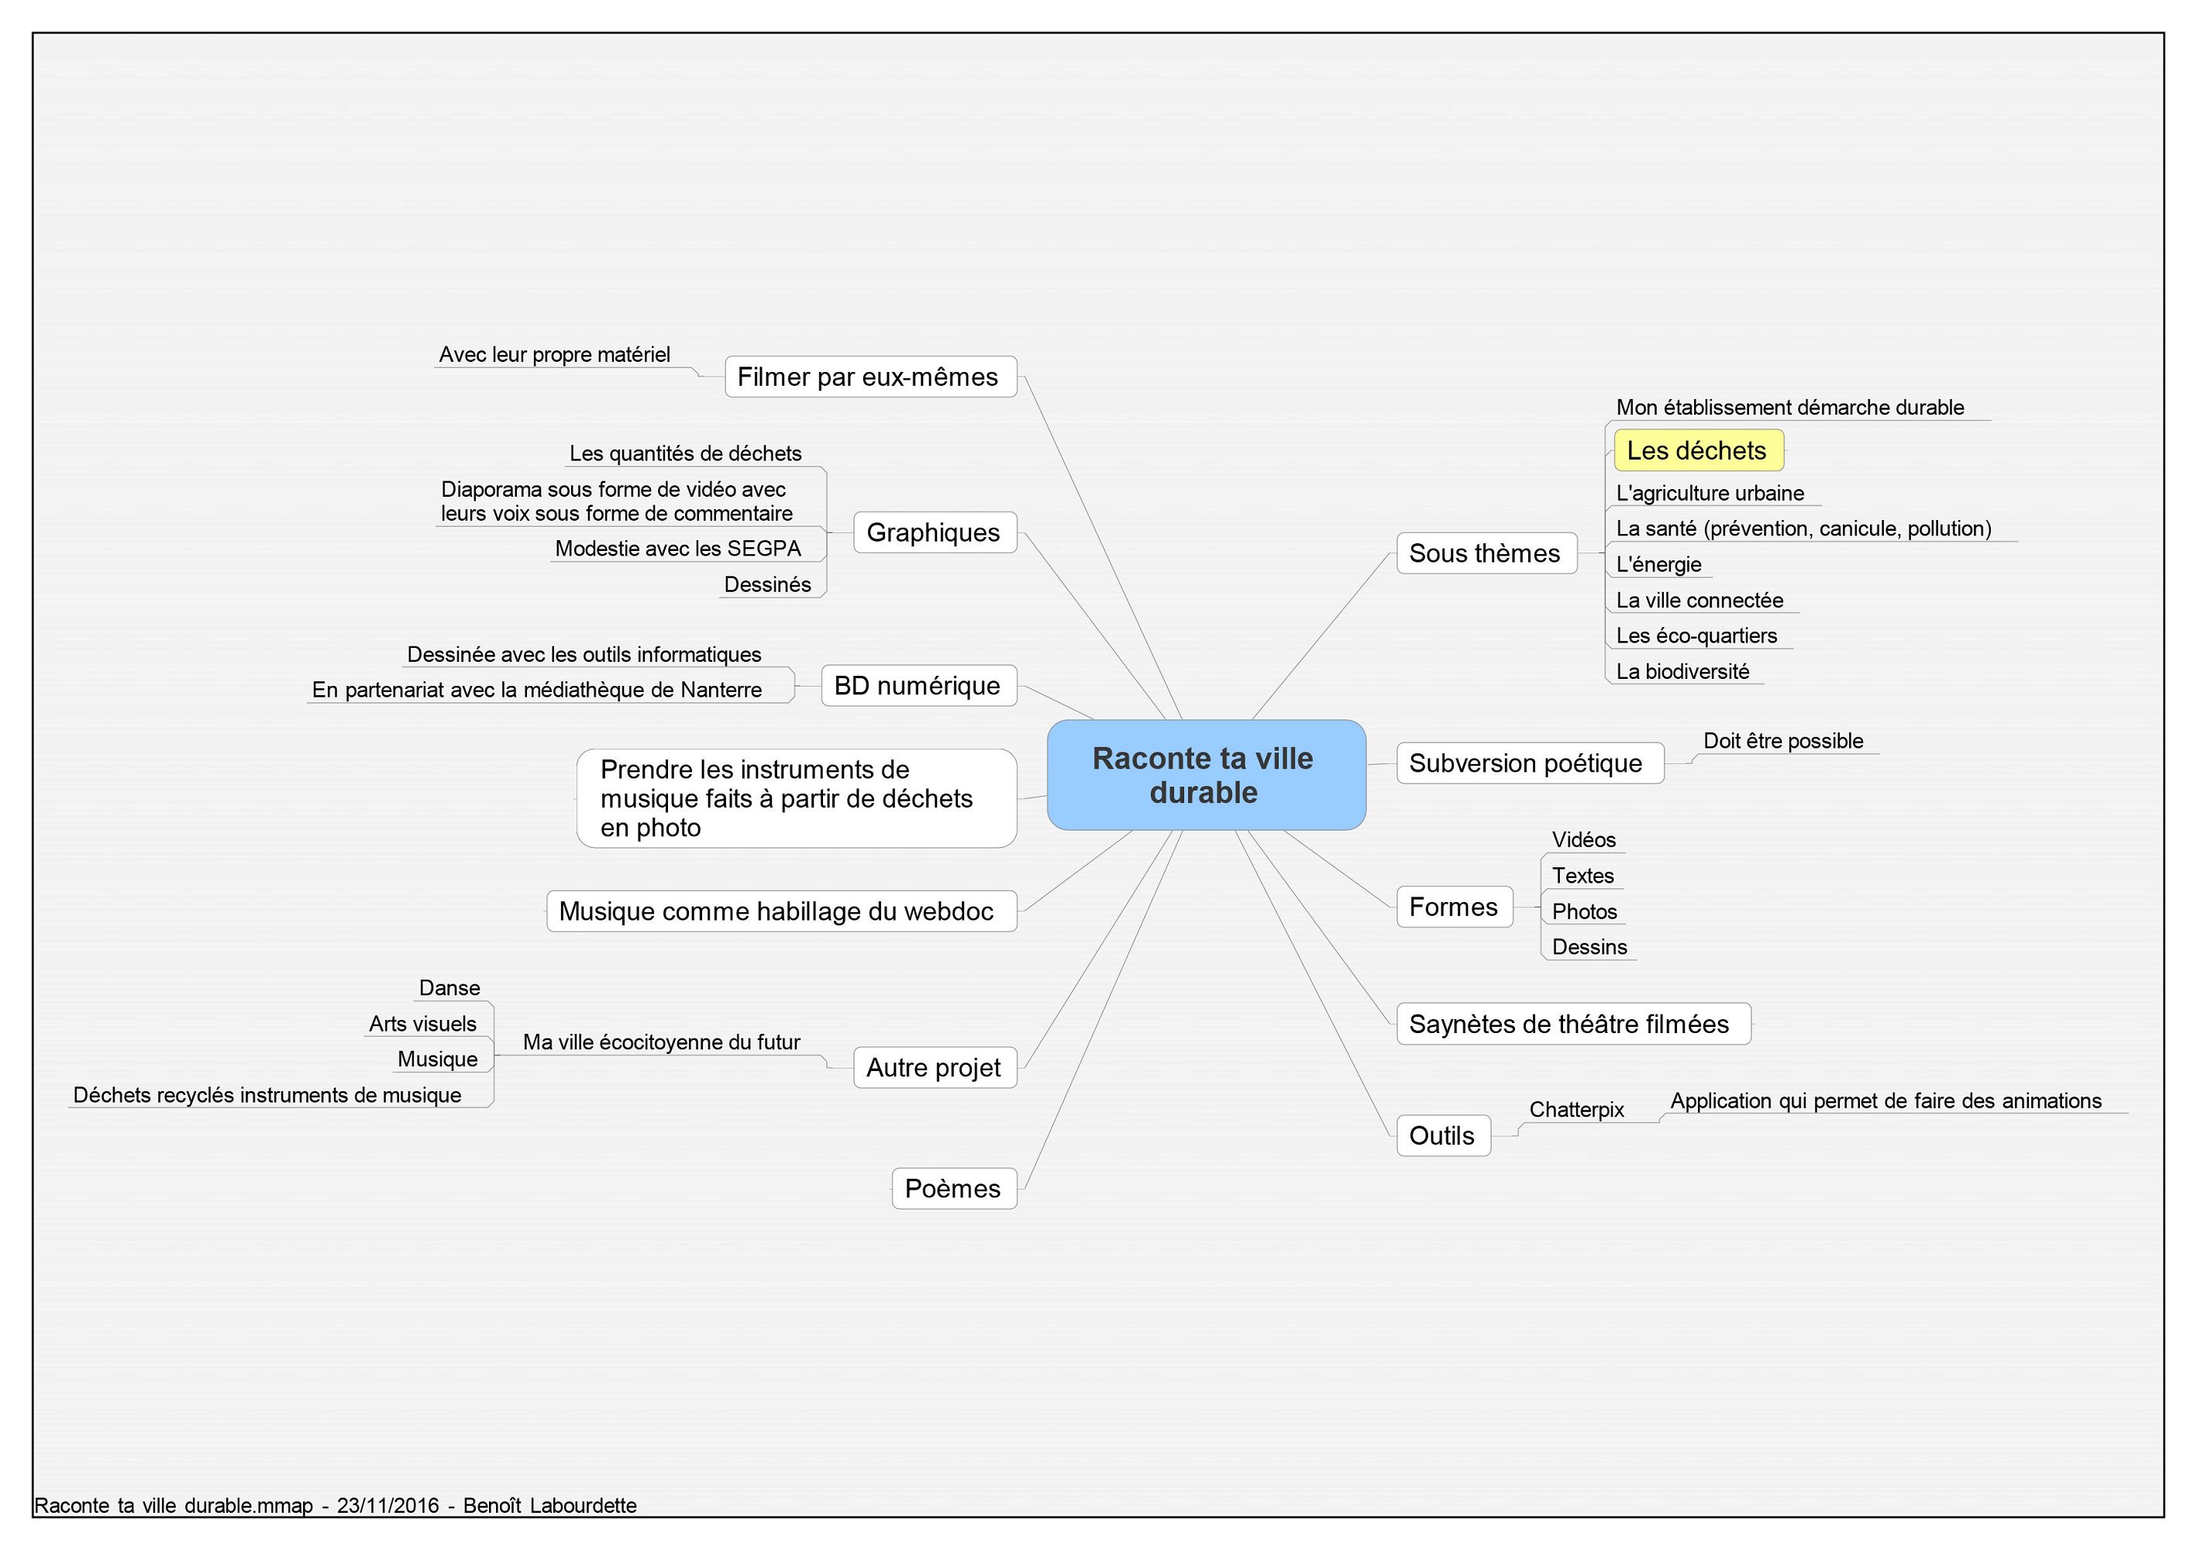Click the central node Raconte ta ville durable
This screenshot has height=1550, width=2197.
[1206, 775]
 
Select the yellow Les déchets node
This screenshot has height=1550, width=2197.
[1699, 450]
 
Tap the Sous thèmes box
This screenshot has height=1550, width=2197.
[1486, 553]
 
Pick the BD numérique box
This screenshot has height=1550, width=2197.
[918, 686]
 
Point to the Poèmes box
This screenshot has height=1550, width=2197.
[954, 1188]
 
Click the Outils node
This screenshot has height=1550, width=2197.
[1443, 1135]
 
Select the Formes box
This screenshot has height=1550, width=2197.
[1455, 907]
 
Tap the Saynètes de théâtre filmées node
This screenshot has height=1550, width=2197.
[1573, 1024]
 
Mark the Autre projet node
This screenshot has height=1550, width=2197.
[934, 1068]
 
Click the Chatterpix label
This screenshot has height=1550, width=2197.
[1576, 1110]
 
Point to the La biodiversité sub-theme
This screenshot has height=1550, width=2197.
[1682, 672]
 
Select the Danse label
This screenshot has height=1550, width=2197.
[449, 988]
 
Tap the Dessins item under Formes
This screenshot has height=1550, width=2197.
[1589, 947]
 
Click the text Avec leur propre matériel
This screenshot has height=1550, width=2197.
[555, 355]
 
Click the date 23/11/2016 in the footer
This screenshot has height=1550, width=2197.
[387, 1505]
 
